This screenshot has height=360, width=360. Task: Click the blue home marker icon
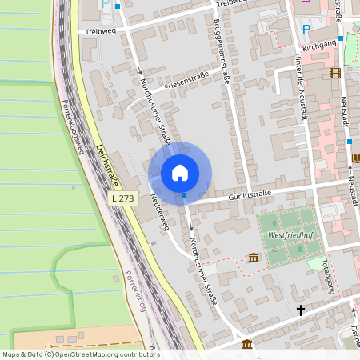pos(180,172)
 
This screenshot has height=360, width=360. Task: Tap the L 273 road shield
pos(122,197)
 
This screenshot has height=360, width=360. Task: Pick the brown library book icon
pos(356,158)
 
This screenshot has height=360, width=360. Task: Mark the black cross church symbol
pos(301,309)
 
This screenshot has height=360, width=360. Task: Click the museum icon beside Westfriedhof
pos(254,257)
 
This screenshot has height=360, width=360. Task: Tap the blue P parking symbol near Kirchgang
pos(306,30)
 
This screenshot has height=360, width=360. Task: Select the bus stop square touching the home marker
pos(185,194)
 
